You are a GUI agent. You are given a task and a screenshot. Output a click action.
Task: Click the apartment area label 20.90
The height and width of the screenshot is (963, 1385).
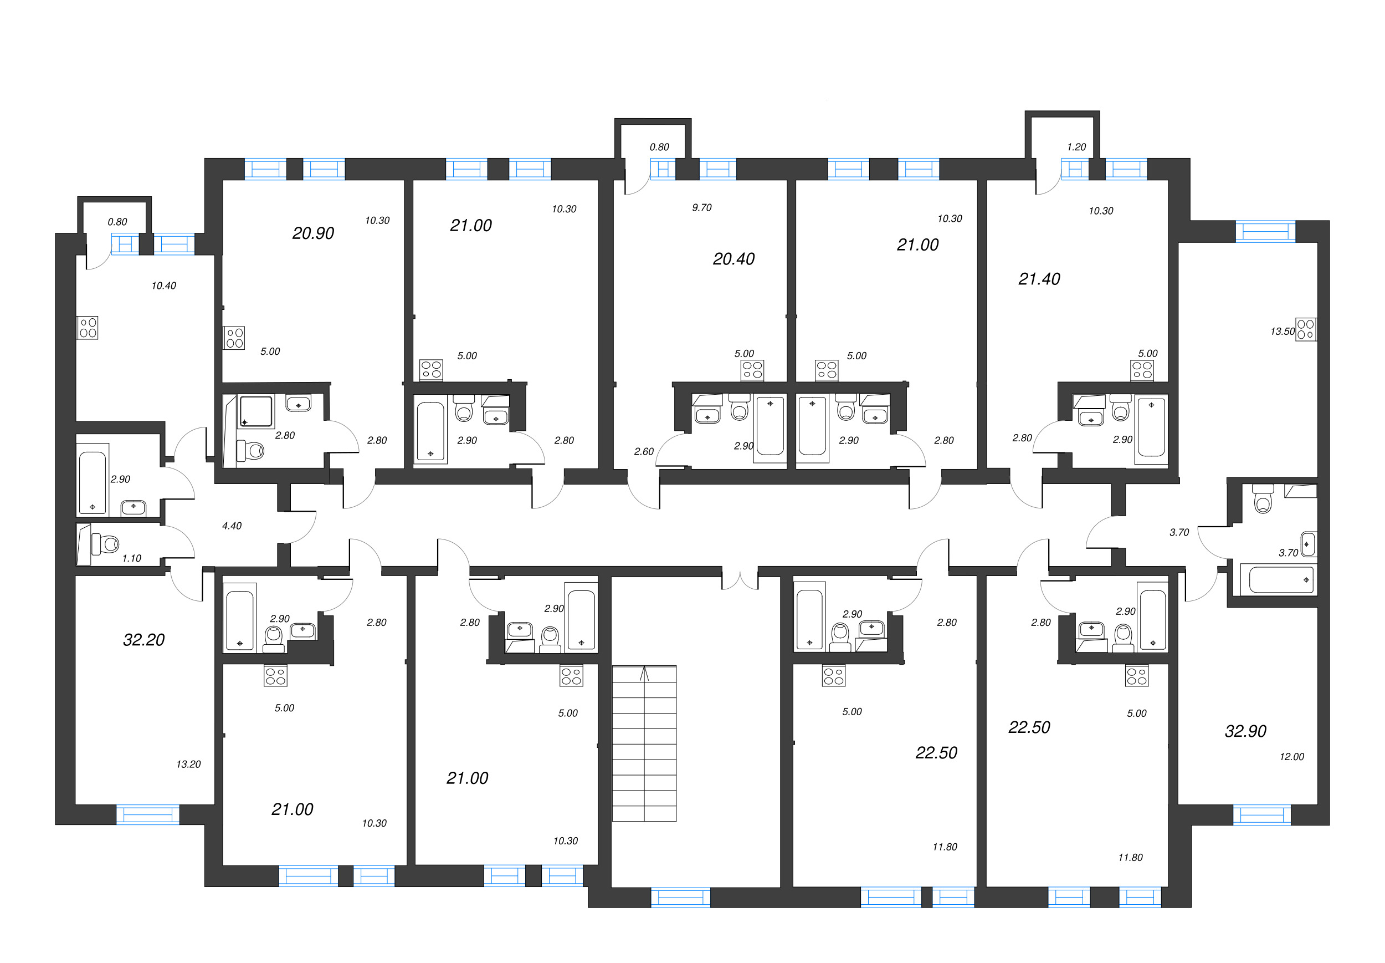(312, 233)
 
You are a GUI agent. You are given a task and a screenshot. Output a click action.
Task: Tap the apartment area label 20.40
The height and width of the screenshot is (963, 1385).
(733, 259)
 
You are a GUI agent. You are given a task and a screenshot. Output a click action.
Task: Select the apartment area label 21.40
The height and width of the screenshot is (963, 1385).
(1038, 279)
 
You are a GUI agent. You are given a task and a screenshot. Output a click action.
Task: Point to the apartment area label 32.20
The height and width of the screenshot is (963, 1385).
(143, 640)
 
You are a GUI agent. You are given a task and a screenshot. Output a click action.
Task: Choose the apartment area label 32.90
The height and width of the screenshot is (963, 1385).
(1245, 731)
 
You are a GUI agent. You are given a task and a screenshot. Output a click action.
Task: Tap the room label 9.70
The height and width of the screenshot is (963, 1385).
(701, 207)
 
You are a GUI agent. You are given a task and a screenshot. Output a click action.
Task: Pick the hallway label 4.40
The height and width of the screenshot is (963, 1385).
(232, 526)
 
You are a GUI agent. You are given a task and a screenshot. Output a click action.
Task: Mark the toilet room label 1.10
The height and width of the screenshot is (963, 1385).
(131, 559)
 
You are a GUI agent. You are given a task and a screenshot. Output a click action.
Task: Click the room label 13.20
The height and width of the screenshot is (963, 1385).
(188, 765)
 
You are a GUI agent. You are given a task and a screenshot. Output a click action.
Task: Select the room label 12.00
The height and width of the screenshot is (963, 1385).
(1291, 757)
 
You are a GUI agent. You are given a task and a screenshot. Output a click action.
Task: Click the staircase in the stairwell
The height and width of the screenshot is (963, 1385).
(644, 743)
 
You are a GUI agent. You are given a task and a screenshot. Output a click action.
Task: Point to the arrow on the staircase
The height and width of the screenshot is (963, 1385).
(644, 674)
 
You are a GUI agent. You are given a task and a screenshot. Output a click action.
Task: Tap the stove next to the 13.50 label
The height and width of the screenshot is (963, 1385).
(1306, 329)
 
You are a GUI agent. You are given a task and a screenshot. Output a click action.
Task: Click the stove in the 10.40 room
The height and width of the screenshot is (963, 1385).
(88, 328)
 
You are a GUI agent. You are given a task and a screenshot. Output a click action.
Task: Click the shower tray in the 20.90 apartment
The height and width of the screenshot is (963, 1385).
(255, 411)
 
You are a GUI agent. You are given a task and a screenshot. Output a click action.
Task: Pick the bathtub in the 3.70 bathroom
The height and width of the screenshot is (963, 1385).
(1281, 580)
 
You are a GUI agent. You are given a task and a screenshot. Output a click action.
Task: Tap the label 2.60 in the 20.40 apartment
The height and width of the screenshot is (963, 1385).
(643, 451)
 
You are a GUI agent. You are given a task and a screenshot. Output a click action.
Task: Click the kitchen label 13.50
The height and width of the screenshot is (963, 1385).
(1282, 332)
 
